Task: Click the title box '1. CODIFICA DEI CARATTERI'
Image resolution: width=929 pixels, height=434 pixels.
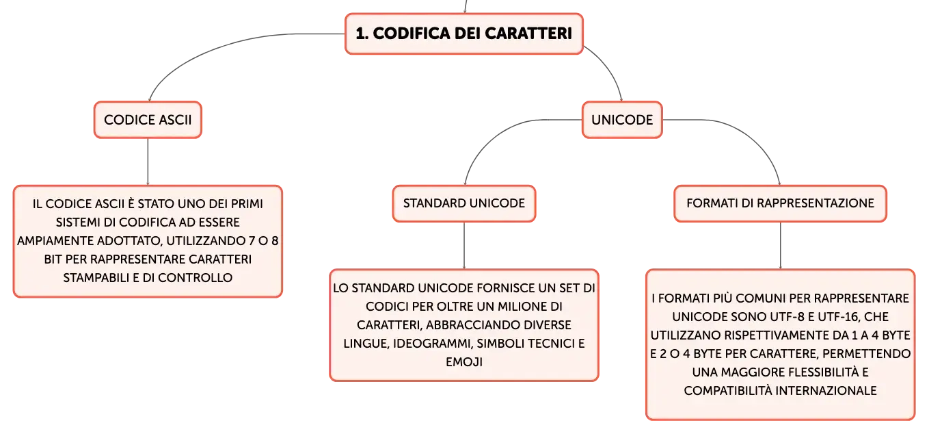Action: [464, 34]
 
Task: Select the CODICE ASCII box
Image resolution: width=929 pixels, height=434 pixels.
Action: [148, 120]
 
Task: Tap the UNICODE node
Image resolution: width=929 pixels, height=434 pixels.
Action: [622, 120]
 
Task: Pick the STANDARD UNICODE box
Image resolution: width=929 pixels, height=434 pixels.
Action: [464, 203]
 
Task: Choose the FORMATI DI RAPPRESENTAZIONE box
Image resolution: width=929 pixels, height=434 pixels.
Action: [780, 203]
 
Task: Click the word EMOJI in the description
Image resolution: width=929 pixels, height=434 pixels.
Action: [464, 362]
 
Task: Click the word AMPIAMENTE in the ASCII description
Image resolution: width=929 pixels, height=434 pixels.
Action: [55, 241]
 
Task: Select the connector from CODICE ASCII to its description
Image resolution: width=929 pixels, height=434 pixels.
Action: [148, 162]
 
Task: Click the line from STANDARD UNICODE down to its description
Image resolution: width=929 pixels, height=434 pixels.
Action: [464, 246]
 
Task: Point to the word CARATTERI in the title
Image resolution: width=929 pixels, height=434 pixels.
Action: [528, 34]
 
